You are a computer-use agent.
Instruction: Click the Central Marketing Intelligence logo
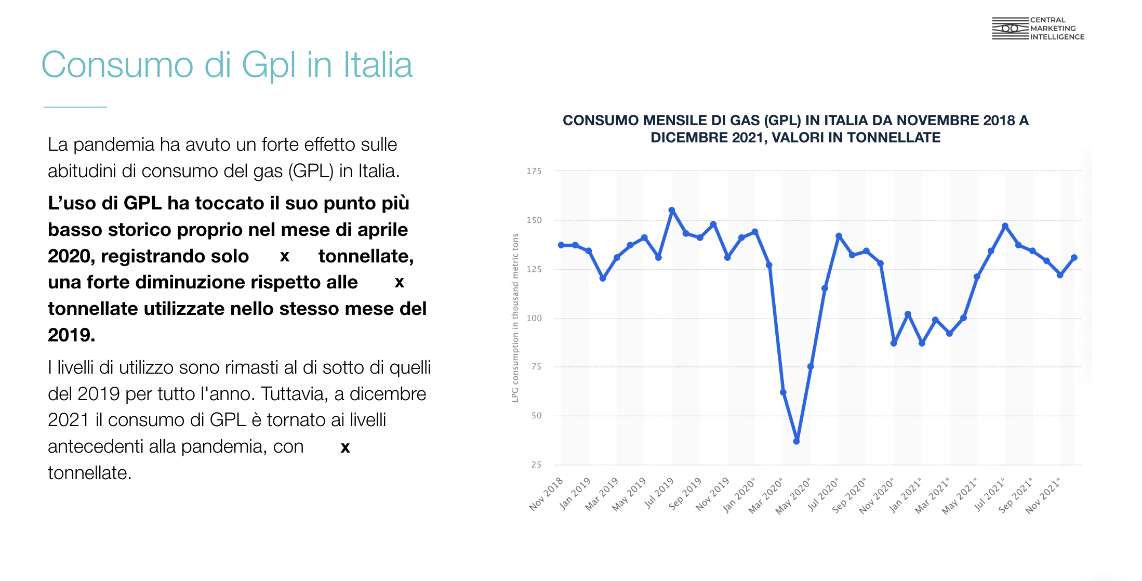click(1038, 29)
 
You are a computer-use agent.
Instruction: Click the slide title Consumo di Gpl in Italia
click(227, 65)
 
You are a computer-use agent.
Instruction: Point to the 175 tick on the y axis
click(534, 171)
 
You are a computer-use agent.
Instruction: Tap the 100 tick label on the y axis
click(534, 318)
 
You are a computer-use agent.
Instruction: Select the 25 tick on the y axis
click(536, 465)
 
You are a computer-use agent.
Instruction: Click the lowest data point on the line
click(796, 441)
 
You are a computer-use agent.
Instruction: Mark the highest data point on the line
click(672, 210)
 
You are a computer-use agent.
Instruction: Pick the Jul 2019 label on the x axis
click(659, 493)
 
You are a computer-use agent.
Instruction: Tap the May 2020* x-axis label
click(793, 496)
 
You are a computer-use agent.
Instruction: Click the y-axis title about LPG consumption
click(515, 318)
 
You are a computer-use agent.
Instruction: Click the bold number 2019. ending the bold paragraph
click(71, 335)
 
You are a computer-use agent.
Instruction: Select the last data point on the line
click(1074, 257)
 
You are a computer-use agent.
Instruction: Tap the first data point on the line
click(561, 245)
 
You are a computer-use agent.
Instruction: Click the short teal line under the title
click(75, 107)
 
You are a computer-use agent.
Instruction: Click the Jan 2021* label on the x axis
click(905, 495)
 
